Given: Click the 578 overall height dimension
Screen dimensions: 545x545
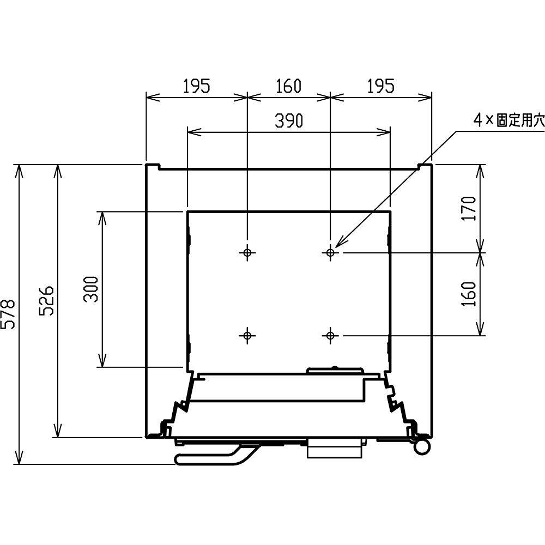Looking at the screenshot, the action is [x=8, y=314].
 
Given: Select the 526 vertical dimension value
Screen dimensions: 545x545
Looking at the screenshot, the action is [x=46, y=301].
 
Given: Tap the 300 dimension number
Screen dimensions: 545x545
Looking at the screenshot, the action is [x=92, y=289].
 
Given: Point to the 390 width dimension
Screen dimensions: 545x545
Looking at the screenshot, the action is [x=289, y=120].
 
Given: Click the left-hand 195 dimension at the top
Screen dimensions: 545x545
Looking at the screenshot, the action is [x=197, y=86].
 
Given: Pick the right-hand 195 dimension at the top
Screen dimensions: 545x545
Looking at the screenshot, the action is [x=381, y=86].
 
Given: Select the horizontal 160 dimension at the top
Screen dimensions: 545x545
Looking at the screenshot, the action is [x=288, y=86].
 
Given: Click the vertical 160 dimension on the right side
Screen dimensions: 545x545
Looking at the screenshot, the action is [x=469, y=294].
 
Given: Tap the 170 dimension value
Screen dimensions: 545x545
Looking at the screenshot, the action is [x=469, y=208].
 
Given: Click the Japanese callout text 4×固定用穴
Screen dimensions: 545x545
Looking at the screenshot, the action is [x=509, y=120].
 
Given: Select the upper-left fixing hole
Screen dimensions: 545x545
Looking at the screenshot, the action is [x=247, y=252].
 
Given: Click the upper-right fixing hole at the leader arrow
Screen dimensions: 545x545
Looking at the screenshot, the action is [x=330, y=252].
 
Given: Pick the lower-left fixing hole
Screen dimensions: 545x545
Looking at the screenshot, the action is [x=247, y=335].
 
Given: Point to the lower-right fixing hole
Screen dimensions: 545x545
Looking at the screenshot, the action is [x=330, y=335].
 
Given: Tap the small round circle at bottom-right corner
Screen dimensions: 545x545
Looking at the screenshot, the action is [x=422, y=446].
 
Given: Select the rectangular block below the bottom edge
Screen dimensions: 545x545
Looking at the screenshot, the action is [x=335, y=449].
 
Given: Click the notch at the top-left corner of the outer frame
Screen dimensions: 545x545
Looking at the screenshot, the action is [x=153, y=166].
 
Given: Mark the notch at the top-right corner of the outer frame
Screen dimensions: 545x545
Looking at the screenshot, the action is [x=425, y=166].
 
